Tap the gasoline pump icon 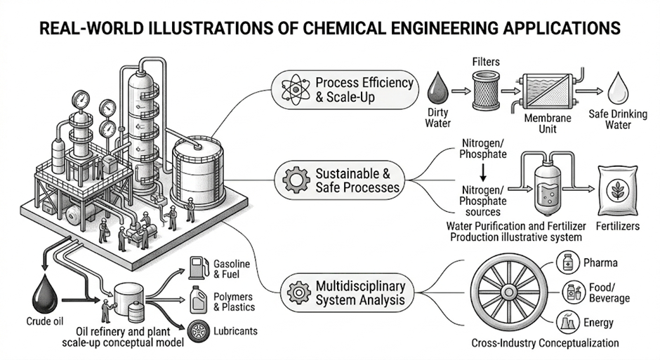198,268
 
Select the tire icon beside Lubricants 198,331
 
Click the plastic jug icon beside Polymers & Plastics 198,300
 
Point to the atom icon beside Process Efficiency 296,90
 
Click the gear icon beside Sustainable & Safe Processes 296,180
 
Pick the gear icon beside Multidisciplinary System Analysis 299,293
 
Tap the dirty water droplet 437,88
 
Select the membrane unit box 547,90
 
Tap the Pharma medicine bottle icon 568,262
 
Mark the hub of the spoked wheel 509,292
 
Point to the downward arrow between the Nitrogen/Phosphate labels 483,173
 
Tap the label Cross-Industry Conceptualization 545,342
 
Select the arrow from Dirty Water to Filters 461,91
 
